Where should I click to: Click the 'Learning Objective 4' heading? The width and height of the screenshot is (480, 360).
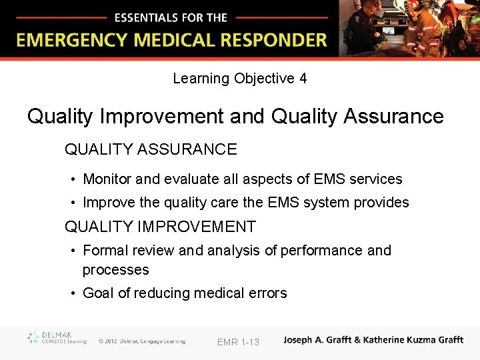click(240, 79)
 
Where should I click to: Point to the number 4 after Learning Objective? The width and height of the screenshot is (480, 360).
click(303, 79)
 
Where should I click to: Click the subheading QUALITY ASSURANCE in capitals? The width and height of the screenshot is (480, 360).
click(151, 149)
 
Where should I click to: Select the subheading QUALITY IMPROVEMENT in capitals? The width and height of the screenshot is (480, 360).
click(160, 227)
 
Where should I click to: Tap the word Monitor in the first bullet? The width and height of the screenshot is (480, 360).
click(109, 179)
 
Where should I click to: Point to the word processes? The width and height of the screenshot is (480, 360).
click(115, 270)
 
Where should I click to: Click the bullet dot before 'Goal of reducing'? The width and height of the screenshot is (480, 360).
click(73, 293)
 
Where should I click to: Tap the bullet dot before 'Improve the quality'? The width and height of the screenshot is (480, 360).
click(73, 203)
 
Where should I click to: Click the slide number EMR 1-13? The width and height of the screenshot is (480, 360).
click(238, 342)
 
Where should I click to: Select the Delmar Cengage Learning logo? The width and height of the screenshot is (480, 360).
click(57, 338)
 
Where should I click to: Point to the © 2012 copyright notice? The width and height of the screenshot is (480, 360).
click(142, 341)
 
